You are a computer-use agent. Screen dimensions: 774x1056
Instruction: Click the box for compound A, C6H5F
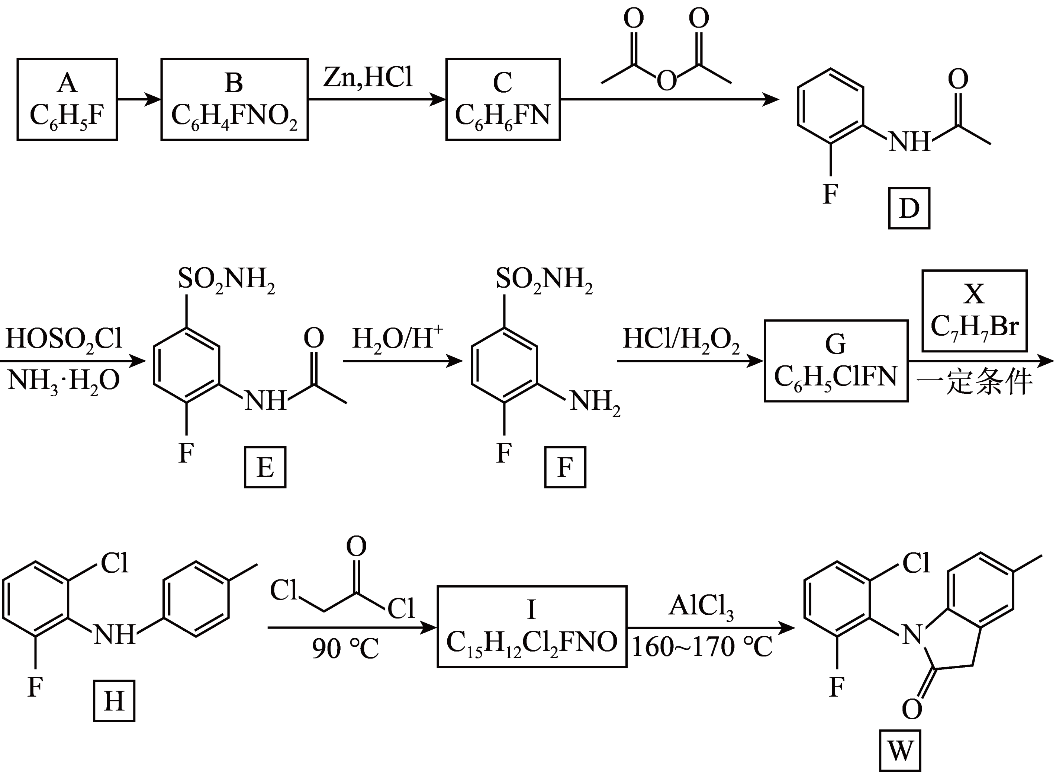(67, 99)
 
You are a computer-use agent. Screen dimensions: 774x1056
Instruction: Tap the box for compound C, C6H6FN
(503, 99)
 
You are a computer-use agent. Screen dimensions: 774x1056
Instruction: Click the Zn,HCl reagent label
(368, 78)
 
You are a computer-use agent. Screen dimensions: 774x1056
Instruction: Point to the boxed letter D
(909, 208)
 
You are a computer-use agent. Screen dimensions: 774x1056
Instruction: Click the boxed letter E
(265, 467)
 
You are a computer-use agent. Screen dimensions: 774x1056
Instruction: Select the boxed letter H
(114, 701)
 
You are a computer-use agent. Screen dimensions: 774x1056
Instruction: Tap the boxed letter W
(900, 751)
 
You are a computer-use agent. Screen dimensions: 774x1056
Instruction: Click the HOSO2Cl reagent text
(64, 339)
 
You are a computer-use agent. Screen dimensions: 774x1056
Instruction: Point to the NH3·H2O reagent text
(64, 380)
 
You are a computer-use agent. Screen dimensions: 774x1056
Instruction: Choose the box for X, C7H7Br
(975, 311)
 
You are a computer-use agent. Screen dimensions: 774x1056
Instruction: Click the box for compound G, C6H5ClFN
(836, 361)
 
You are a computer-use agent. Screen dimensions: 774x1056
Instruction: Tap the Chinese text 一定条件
(975, 382)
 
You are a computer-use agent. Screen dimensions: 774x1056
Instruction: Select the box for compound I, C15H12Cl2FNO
(532, 626)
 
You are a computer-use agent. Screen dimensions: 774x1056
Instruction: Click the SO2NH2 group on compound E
(226, 280)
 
